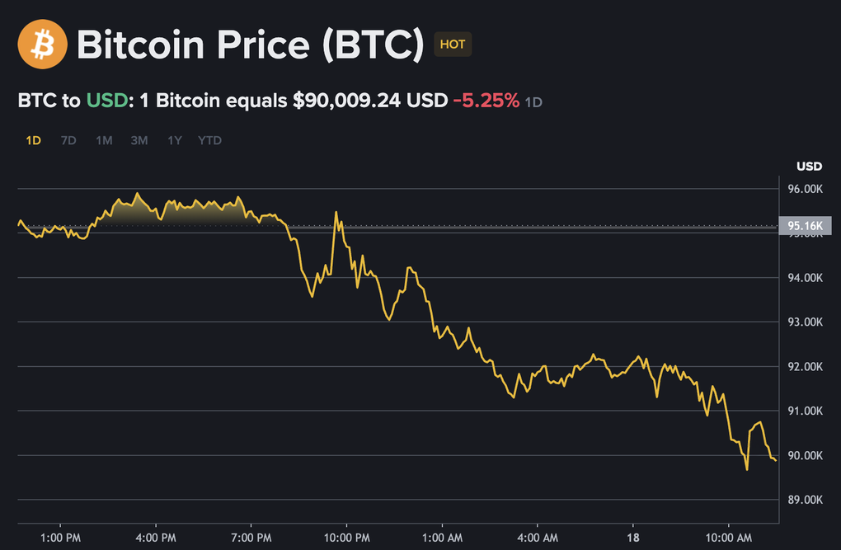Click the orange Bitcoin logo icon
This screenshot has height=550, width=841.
tap(42, 45)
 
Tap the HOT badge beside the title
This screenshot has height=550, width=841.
tap(453, 45)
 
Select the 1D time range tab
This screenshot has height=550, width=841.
tap(33, 140)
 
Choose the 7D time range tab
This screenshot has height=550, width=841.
tap(68, 140)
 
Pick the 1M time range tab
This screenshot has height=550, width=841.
tap(104, 140)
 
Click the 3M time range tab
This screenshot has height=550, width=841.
tap(139, 140)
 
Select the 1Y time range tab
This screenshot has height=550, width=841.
tap(175, 140)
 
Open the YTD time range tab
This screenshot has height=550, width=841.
tap(209, 140)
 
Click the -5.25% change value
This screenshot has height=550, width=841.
tap(486, 101)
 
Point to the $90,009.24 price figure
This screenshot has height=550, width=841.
tap(347, 101)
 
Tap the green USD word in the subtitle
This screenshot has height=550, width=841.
tap(107, 101)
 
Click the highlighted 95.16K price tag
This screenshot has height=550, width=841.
tap(804, 226)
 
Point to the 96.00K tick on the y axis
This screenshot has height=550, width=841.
tap(806, 189)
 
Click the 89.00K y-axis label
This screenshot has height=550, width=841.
tap(806, 500)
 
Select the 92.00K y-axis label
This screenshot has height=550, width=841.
tap(806, 366)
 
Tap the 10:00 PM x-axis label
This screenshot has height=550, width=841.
tap(347, 537)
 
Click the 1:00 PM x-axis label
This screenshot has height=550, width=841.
tap(60, 537)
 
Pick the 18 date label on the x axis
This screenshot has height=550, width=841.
tap(633, 537)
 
